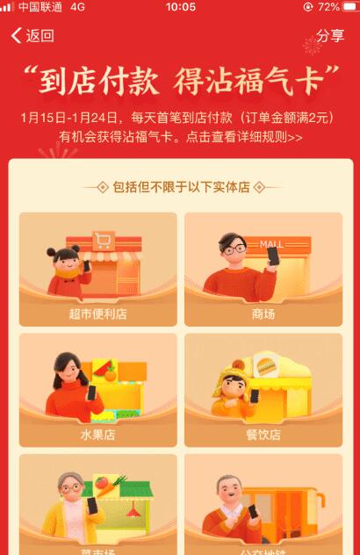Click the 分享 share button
(330, 36)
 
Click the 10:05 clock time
(180, 7)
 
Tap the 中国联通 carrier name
(40, 7)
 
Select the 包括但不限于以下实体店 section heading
(181, 187)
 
